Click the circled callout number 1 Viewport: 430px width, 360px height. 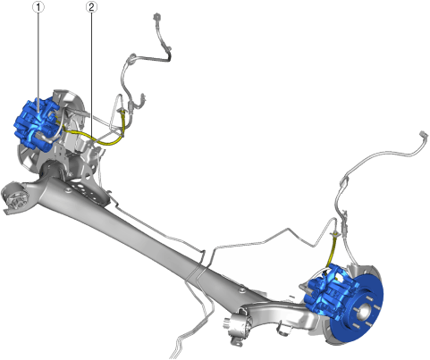pos(38,7)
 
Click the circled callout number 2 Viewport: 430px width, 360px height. pos(91,7)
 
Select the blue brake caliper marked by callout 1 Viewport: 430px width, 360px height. pos(37,124)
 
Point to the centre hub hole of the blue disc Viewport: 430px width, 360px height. pos(364,312)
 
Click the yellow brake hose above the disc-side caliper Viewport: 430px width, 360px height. pos(332,250)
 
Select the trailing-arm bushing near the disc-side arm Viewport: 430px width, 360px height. pos(239,326)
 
